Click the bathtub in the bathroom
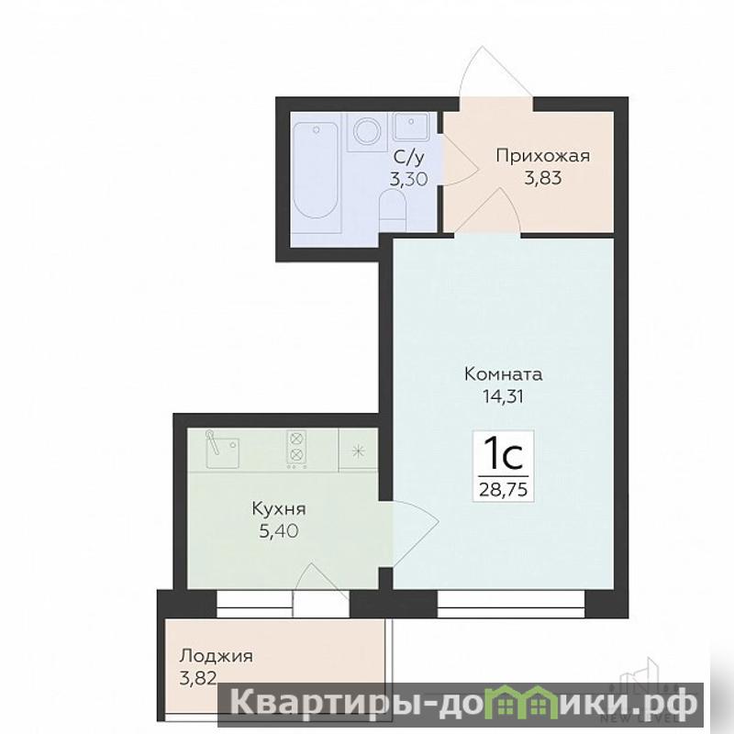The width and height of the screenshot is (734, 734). tap(315, 172)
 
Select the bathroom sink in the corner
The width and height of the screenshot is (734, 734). tap(411, 126)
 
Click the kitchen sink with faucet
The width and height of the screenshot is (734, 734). tap(222, 450)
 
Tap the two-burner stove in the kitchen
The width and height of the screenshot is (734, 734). tap(296, 450)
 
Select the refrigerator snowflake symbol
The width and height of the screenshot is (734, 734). tap(358, 451)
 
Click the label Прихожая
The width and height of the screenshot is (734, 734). tap(543, 156)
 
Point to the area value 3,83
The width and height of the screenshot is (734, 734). tap(543, 178)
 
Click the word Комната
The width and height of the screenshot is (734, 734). tap(504, 374)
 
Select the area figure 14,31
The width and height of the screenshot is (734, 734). tap(503, 396)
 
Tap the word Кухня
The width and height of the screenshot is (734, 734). tap(279, 509)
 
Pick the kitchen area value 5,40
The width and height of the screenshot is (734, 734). tap(279, 531)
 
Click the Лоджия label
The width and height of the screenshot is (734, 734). tap(217, 656)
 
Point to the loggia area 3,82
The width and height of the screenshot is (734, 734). tap(198, 678)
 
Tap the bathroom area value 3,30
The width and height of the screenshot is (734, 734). tap(408, 179)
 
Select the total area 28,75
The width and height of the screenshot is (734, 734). tap(504, 490)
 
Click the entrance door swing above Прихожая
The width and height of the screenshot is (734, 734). tap(495, 72)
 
